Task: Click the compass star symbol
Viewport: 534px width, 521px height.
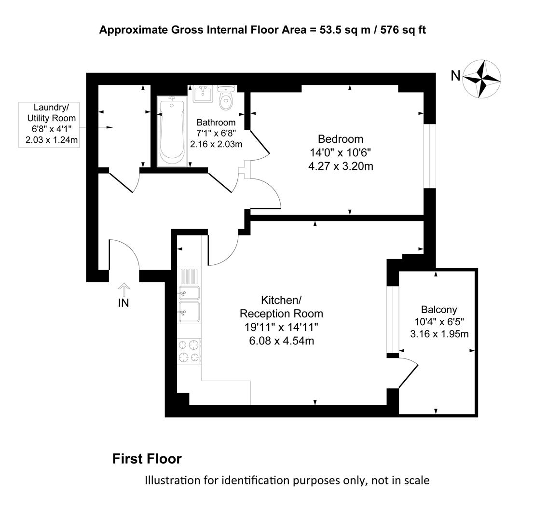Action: (482, 79)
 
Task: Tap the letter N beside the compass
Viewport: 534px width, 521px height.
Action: (456, 76)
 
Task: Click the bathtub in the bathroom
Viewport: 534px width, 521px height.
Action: (172, 131)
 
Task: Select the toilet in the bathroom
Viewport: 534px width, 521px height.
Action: (226, 97)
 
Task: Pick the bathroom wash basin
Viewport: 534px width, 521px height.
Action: (203, 94)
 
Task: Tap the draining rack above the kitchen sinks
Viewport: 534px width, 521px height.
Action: (189, 276)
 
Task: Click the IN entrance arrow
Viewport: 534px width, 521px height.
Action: (123, 290)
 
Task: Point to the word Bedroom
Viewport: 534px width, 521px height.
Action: (341, 139)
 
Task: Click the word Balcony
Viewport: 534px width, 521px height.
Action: (439, 310)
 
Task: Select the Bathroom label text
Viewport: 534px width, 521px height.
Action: (216, 122)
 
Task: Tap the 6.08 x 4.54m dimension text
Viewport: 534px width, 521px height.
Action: (282, 341)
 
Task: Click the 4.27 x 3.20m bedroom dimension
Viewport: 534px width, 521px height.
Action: (341, 166)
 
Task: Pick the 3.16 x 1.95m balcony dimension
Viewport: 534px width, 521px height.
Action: (439, 334)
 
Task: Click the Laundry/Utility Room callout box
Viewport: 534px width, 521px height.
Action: (49, 124)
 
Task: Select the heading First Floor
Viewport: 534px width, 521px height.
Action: (147, 459)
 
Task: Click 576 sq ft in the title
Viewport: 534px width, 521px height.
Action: (403, 30)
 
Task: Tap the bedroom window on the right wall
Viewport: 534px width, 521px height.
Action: (430, 156)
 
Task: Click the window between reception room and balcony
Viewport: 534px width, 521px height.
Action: (393, 319)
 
